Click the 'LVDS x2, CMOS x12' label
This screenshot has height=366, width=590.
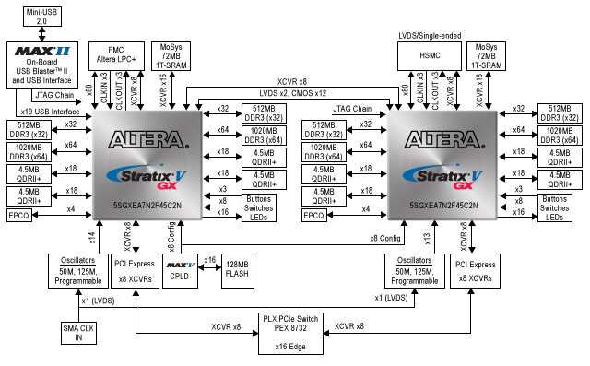[292, 93]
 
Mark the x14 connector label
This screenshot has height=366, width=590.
[91, 237]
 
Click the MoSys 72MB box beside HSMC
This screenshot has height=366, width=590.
[488, 56]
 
